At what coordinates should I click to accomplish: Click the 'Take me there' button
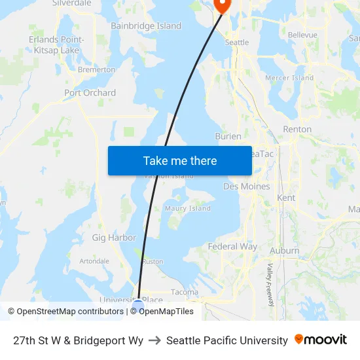(180, 161)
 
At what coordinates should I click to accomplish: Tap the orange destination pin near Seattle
(221, 5)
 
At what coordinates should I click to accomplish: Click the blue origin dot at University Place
(138, 304)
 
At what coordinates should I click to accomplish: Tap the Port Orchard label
(90, 93)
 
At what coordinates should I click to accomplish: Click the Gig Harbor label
(114, 238)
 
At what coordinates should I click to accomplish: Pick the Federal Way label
(232, 247)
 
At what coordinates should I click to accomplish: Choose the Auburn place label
(285, 251)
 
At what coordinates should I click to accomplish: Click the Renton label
(297, 130)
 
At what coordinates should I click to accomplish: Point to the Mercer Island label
(289, 78)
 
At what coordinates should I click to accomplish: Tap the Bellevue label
(302, 35)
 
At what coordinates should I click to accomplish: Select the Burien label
(228, 136)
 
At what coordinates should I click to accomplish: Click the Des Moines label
(246, 187)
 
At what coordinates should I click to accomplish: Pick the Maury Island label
(188, 209)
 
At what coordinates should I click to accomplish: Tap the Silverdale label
(72, 3)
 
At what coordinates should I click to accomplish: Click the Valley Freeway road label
(270, 285)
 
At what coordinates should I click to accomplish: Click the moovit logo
(321, 340)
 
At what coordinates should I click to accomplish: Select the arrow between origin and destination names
(154, 340)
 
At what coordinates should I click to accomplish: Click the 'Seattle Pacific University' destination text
(226, 340)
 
